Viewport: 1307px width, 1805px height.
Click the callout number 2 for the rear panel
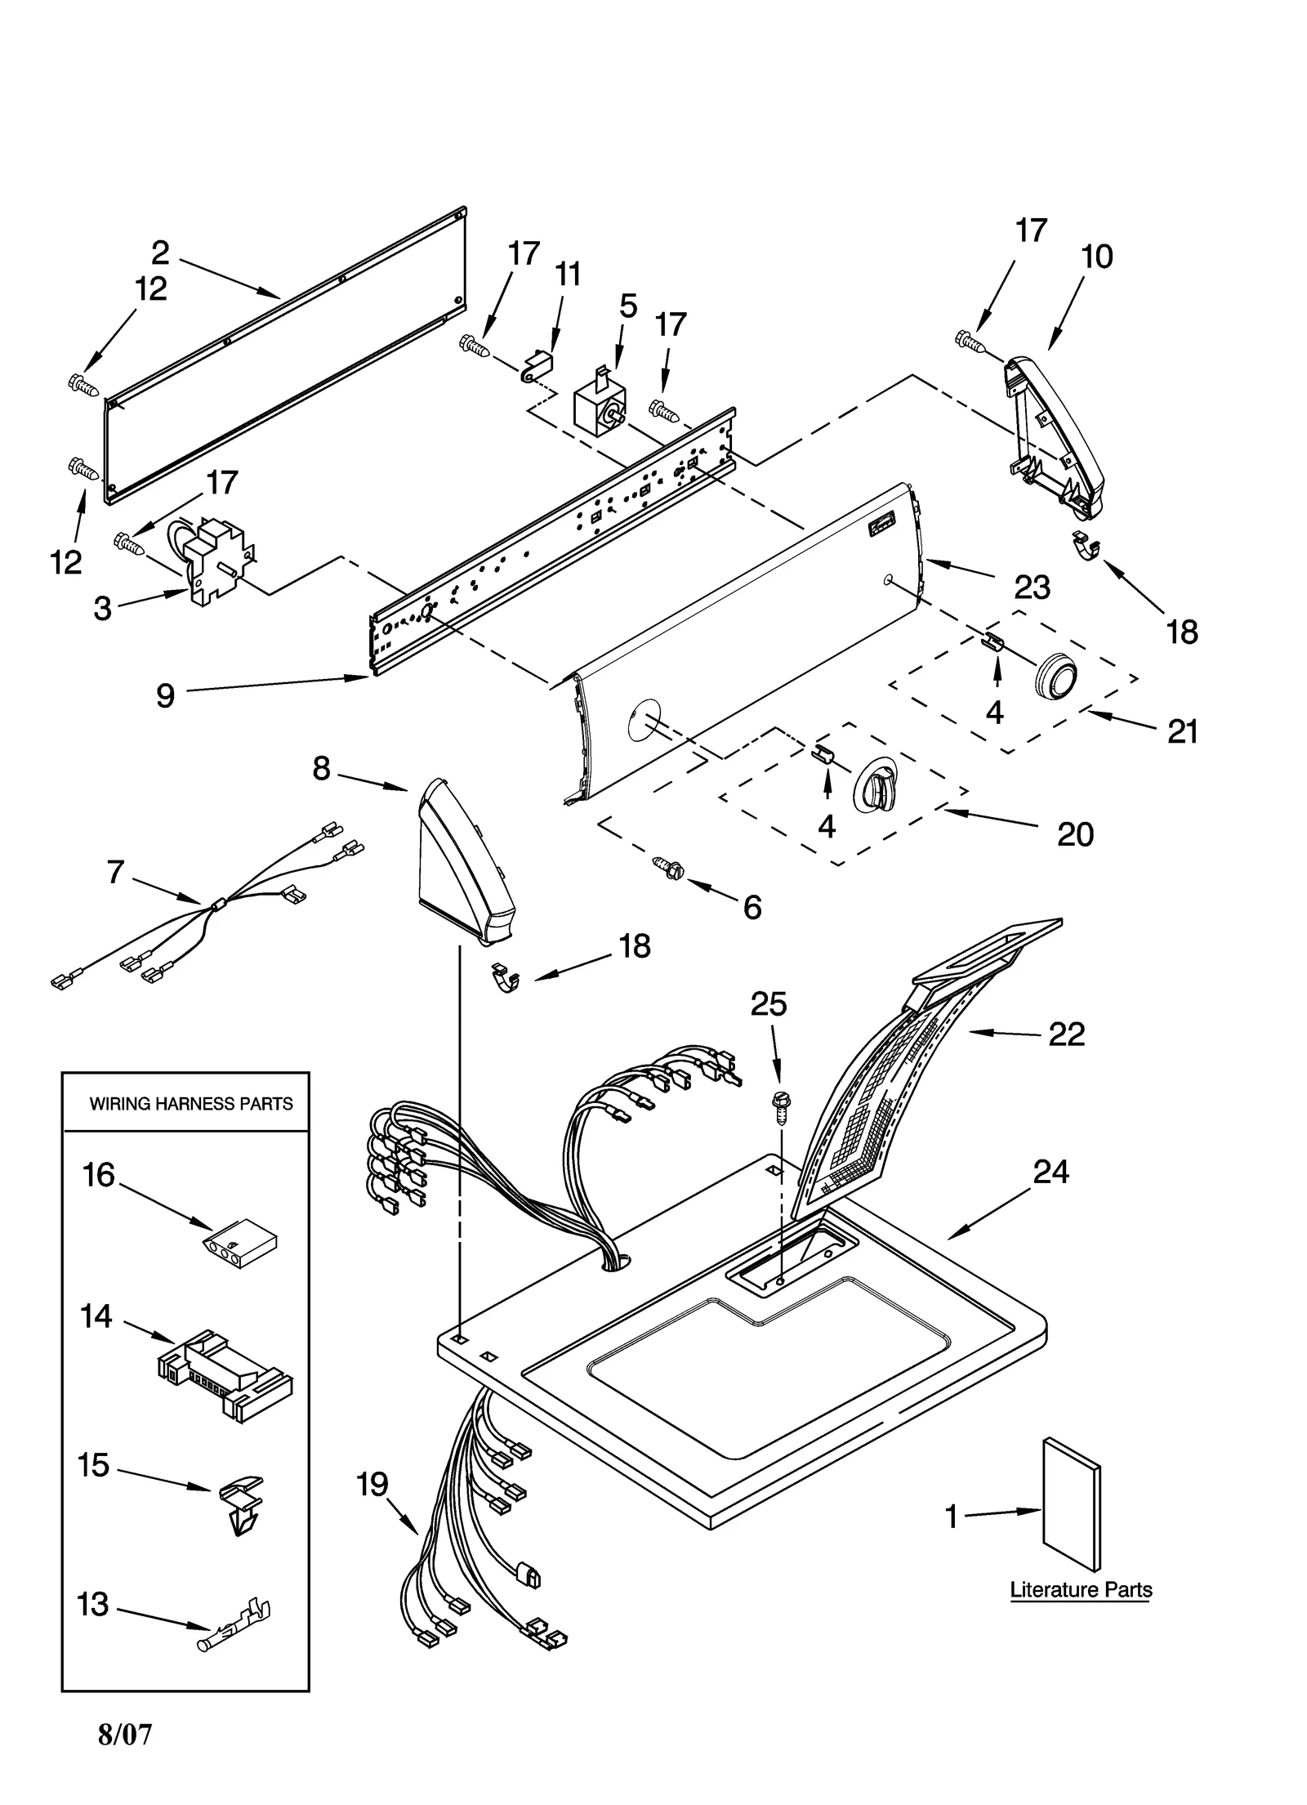point(160,253)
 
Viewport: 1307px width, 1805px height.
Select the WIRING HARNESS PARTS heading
point(190,1104)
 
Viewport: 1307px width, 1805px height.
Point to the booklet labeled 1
point(1071,1504)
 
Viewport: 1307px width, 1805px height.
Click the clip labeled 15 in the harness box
point(242,1500)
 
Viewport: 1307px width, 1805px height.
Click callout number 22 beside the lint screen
point(1066,1034)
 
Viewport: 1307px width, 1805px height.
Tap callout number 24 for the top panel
point(1051,1172)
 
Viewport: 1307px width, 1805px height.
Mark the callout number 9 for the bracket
point(165,695)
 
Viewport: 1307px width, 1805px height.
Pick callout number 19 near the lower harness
point(372,1484)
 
